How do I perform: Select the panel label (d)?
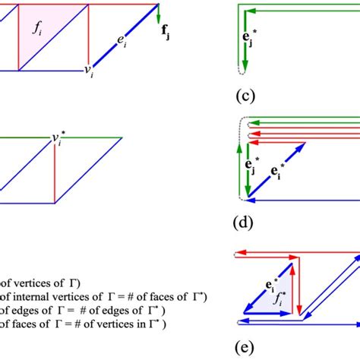(243, 224)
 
